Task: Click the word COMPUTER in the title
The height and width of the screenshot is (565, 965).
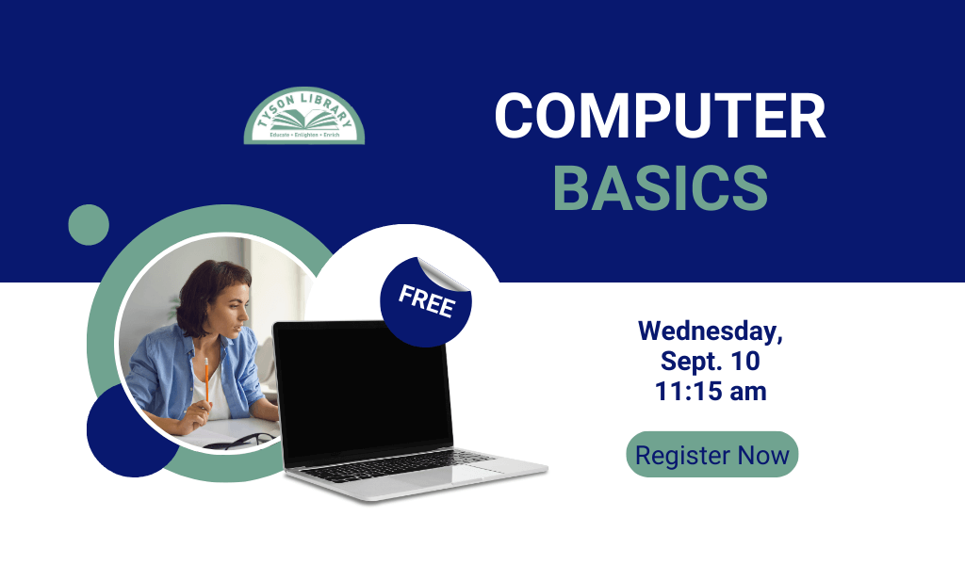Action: pos(660,116)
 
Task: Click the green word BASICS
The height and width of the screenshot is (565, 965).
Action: pos(661,187)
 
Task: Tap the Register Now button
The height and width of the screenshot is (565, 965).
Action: pos(712,454)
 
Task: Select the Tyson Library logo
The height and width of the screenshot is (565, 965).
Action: pos(304,116)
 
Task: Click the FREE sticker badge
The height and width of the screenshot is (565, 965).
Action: pos(425,302)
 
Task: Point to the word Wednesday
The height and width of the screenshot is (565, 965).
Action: pos(711,331)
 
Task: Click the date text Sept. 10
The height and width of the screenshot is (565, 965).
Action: pos(711,361)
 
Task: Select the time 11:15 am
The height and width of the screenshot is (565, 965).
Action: pos(711,391)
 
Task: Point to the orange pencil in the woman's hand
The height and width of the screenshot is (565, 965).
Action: pos(206,381)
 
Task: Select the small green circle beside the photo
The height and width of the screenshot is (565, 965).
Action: pos(89,225)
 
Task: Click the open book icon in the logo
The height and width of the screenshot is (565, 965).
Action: pos(304,120)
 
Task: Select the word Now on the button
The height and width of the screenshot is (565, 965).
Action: pos(763,456)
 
